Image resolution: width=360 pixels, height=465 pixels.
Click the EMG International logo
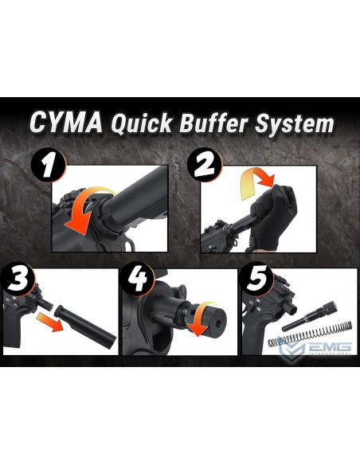click(315, 347)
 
